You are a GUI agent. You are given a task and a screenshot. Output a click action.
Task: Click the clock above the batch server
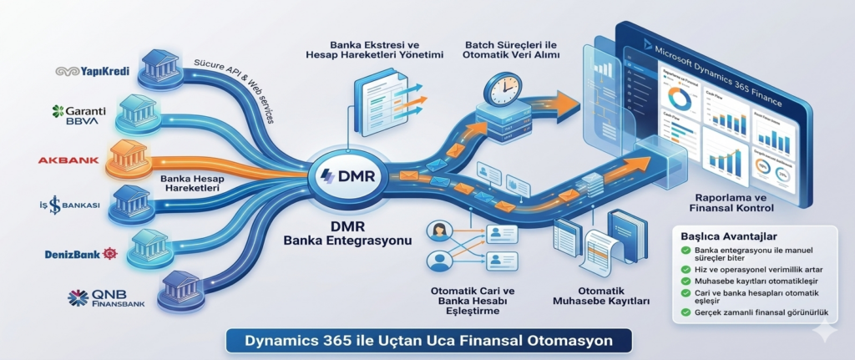pyautogui.click(x=505, y=88)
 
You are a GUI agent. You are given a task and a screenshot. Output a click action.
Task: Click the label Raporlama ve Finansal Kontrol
pyautogui.click(x=731, y=201)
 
